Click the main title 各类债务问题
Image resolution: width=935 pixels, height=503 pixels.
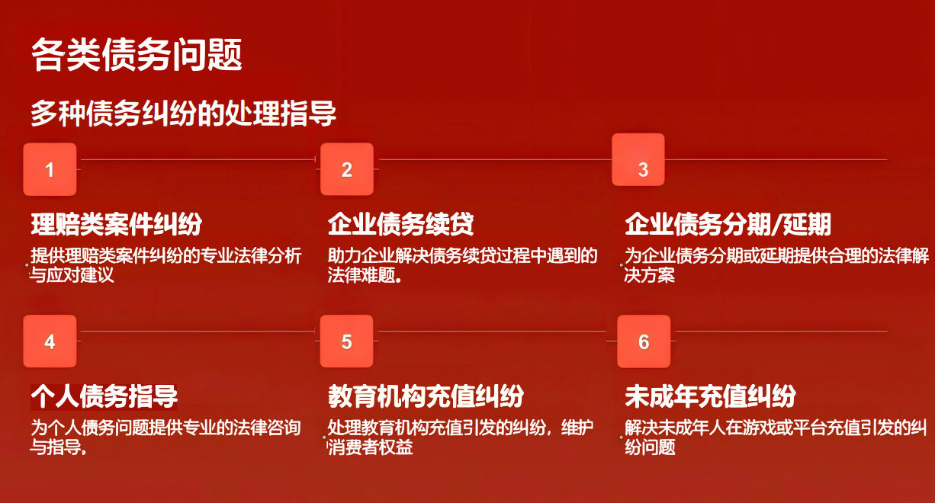137,55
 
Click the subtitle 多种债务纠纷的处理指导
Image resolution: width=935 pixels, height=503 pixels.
183,113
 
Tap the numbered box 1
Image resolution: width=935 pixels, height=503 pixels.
50,169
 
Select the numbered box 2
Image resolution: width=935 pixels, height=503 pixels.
347,169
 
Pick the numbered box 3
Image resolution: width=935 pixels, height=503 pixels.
638,160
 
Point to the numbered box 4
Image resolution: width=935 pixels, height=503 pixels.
50,341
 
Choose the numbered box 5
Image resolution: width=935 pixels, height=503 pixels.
346,341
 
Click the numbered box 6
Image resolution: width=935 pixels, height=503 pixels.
644,341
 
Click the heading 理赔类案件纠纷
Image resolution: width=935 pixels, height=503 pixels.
117,224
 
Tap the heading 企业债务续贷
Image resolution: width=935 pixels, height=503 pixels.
400,224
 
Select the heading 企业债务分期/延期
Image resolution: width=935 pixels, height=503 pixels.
728,224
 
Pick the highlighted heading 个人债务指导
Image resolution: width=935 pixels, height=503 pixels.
104,396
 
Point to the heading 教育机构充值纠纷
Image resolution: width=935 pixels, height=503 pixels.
426,396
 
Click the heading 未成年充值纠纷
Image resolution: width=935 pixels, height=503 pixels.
711,396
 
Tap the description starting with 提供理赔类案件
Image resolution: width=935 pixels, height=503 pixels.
165,265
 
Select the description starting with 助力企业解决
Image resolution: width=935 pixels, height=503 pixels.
462,265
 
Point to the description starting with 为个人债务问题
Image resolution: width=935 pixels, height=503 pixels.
165,437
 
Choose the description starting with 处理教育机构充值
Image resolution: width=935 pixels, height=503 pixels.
461,437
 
